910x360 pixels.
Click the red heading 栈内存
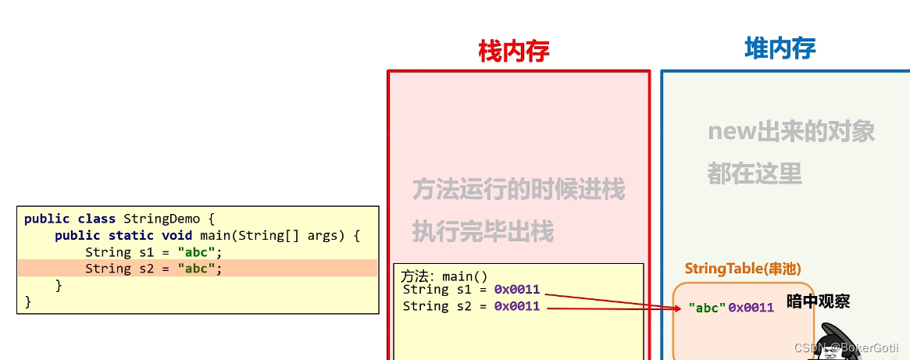[x=514, y=51]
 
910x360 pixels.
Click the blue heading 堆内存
[x=780, y=48]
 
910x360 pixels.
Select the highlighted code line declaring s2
[x=154, y=269]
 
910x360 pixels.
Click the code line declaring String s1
[x=154, y=252]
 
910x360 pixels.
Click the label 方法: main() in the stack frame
[x=444, y=276]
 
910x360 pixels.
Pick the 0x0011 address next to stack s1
[x=516, y=290]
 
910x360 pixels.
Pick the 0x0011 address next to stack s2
[x=516, y=306]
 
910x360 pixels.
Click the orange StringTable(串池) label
[x=742, y=269]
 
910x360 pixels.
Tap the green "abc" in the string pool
[x=707, y=308]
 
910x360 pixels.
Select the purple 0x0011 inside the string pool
[x=751, y=308]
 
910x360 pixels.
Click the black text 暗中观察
[x=818, y=301]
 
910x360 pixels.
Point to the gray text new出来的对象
[x=790, y=131]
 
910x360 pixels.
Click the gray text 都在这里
[x=755, y=173]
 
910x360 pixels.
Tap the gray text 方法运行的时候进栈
[x=519, y=189]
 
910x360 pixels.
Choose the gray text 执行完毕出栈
[x=483, y=231]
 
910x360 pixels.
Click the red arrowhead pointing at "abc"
[x=678, y=309]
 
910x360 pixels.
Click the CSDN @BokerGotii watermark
[x=846, y=347]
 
